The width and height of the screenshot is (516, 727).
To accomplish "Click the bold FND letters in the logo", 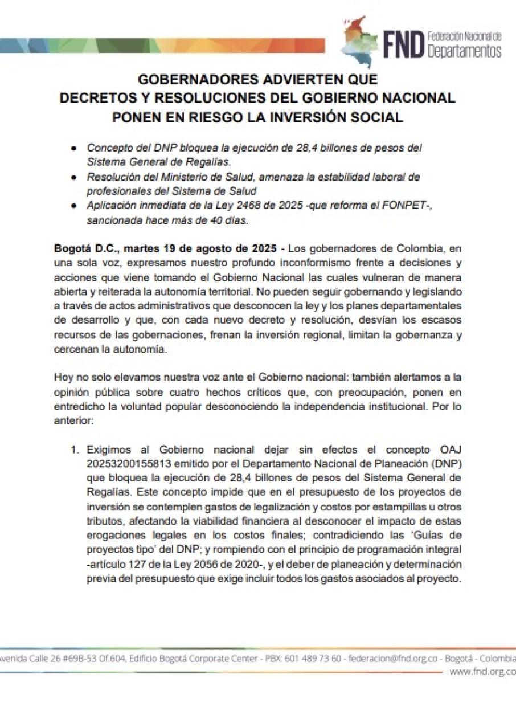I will [403, 44].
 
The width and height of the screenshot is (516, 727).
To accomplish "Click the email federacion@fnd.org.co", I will [393, 659].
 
